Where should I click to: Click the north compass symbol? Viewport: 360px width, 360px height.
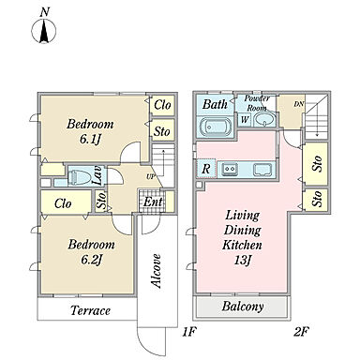(x=44, y=31)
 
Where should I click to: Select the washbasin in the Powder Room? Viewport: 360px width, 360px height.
(x=264, y=118)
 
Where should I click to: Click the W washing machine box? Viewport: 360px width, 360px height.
(x=245, y=120)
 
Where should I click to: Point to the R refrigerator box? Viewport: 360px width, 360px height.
(x=205, y=169)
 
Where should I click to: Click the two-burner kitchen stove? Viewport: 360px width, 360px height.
(x=230, y=169)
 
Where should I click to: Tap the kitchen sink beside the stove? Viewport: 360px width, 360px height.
(x=262, y=170)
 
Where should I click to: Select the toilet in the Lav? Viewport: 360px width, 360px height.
(x=77, y=177)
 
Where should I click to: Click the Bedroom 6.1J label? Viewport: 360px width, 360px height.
(x=90, y=131)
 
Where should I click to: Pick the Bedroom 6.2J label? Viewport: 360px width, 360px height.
(x=91, y=251)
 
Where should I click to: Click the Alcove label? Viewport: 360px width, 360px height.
(x=156, y=271)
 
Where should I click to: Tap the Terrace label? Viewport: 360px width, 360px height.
(x=90, y=310)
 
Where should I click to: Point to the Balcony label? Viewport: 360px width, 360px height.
(x=243, y=307)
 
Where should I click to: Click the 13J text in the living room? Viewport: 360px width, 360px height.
(x=243, y=260)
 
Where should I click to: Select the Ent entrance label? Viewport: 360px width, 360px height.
(x=153, y=202)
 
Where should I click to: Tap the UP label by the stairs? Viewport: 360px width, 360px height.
(x=151, y=177)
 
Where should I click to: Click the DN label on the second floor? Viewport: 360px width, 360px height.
(x=298, y=104)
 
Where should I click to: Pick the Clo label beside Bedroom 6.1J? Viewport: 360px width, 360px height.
(x=162, y=105)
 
